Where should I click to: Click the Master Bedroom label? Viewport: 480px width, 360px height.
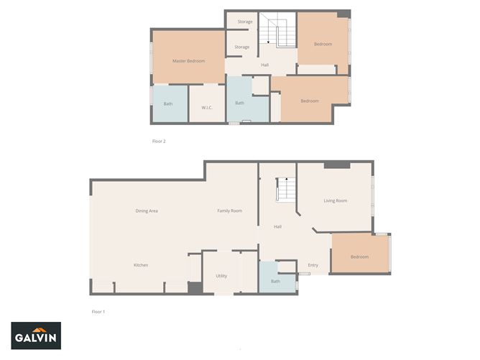(x=188, y=61)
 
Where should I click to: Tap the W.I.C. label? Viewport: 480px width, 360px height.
(x=207, y=108)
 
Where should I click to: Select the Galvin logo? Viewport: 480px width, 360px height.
(x=36, y=336)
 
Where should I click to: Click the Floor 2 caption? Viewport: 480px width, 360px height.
(x=159, y=141)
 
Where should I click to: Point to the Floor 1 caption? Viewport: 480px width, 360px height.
(x=98, y=312)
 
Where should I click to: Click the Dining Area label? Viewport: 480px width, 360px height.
(x=147, y=211)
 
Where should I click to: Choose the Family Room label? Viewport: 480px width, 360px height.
(x=230, y=211)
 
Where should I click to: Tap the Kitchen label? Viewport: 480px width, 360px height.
(x=141, y=265)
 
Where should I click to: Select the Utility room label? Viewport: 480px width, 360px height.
(x=221, y=276)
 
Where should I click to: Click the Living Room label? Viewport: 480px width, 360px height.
(x=336, y=200)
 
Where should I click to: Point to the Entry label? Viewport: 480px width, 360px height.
(x=313, y=265)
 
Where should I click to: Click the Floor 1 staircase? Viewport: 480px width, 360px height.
(x=285, y=189)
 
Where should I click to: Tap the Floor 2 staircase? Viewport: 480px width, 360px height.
(x=277, y=30)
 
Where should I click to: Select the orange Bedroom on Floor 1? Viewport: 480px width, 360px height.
(x=360, y=253)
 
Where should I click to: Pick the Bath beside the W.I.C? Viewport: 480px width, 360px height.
(x=170, y=103)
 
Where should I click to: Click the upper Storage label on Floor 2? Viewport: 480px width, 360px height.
(x=245, y=22)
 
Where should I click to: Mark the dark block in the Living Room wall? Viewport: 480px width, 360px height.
(x=337, y=165)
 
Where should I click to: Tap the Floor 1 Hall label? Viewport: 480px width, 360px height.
(x=277, y=226)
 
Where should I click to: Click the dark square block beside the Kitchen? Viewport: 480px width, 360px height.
(x=195, y=287)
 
